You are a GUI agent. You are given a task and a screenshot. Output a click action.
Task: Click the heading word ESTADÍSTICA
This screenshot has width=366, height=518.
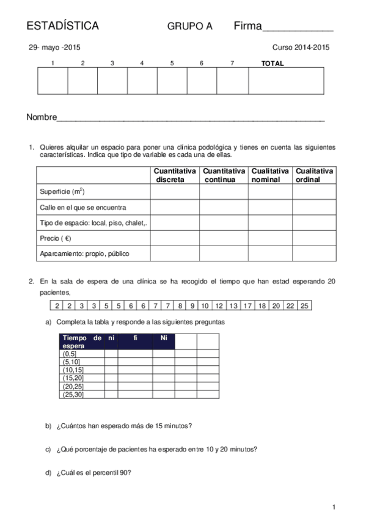[63, 26]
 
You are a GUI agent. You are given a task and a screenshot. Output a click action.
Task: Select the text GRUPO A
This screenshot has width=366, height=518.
[190, 27]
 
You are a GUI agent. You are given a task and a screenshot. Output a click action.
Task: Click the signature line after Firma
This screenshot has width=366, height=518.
[298, 28]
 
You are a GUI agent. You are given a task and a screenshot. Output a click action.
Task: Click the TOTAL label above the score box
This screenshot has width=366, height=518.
[273, 64]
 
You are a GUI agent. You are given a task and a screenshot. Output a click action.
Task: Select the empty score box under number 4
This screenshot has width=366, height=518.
[142, 81]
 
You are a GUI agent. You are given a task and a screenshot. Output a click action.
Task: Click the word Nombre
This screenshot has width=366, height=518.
[41, 117]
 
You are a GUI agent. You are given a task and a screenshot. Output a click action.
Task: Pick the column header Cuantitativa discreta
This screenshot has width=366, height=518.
[175, 175]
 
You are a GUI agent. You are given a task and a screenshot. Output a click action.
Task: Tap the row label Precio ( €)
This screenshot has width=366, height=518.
[55, 238]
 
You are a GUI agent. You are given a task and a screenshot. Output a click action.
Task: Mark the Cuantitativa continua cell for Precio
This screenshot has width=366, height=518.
[224, 238]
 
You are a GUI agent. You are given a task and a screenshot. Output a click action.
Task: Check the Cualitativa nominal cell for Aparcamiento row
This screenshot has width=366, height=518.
[271, 254]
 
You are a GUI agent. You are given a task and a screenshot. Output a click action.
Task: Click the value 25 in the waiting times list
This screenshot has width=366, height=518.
[305, 305]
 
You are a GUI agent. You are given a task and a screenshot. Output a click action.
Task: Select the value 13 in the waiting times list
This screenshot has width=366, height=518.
[233, 305]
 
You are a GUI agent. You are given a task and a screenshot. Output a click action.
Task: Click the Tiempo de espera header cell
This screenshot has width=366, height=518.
[82, 341]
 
